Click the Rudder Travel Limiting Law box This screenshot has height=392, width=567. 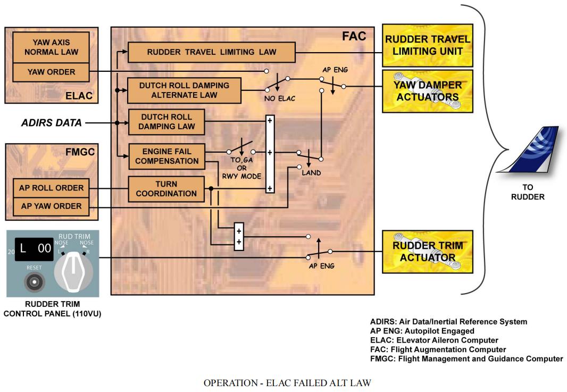point(211,52)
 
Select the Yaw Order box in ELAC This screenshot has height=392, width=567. point(52,72)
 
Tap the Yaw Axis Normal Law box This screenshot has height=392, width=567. point(52,47)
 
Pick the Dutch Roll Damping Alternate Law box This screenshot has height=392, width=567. point(185,90)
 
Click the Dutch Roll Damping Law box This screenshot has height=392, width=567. point(167,122)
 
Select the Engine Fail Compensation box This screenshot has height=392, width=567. point(167,156)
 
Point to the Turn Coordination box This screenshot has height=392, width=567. point(166,189)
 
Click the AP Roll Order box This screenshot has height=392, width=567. point(52,188)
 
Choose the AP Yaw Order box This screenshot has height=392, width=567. point(52,206)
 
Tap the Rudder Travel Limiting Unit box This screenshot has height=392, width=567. point(428,45)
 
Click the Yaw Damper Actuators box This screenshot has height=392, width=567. point(428,90)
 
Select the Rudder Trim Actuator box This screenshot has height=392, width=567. point(428,252)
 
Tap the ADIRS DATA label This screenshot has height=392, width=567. point(52,123)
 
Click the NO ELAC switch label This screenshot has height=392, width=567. point(279,98)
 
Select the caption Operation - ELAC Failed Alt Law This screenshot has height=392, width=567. point(287,382)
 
